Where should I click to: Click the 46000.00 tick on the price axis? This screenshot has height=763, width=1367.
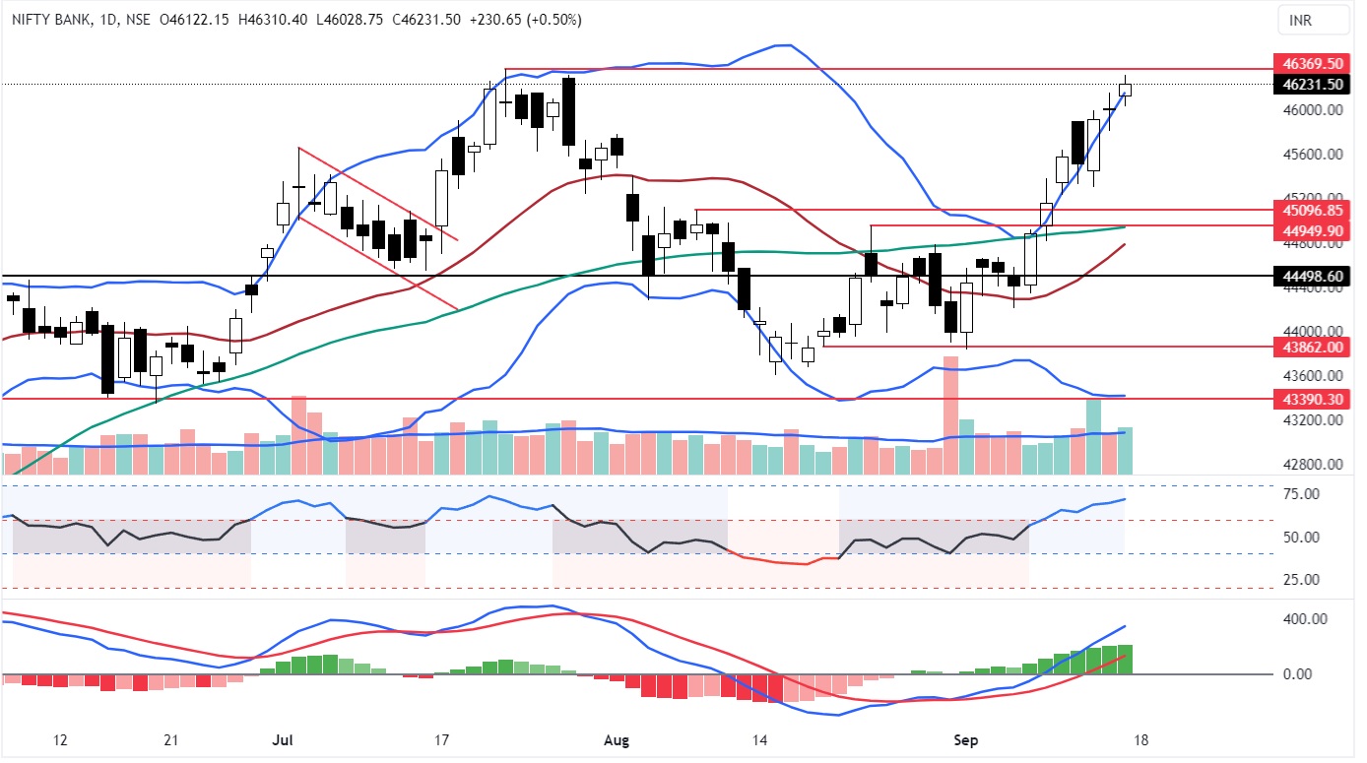[x=1314, y=110]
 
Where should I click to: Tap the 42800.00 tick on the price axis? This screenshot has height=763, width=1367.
[x=1314, y=465]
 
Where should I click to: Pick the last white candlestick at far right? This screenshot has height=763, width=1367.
[x=1125, y=90]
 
